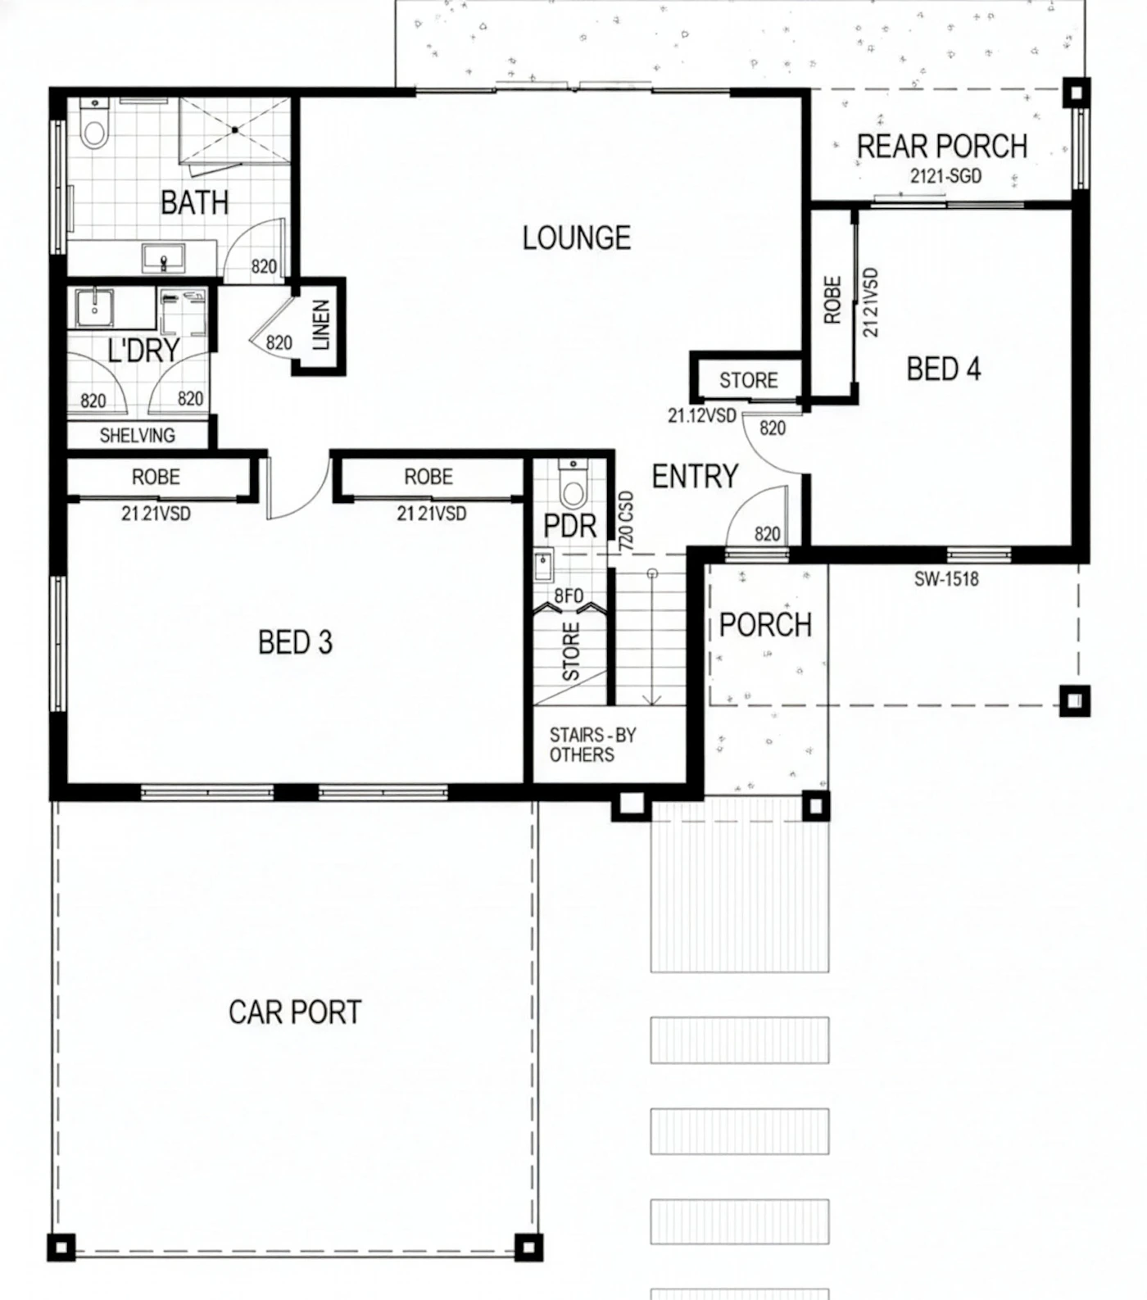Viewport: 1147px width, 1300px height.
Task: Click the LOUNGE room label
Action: click(577, 238)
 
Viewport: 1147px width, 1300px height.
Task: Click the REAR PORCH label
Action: click(942, 147)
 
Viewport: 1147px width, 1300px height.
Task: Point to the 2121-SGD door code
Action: click(945, 176)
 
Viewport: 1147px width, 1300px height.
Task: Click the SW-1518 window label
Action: click(946, 579)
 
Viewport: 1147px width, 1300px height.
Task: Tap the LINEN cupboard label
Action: click(320, 325)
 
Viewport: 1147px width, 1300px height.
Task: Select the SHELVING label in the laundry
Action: click(138, 435)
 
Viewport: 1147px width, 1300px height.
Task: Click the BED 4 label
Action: click(943, 369)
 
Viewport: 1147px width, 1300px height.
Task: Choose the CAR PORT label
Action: click(295, 1012)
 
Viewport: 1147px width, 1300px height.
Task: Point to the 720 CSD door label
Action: click(626, 520)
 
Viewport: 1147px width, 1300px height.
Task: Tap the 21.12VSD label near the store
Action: click(702, 415)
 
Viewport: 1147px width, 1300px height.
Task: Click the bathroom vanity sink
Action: click(164, 258)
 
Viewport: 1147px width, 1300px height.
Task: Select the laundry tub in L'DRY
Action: click(94, 306)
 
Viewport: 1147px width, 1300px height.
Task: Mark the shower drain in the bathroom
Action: click(234, 129)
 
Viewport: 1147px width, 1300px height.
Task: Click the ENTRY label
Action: click(695, 476)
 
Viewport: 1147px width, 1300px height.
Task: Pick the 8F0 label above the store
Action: click(569, 596)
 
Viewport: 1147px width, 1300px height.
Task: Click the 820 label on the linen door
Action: click(279, 342)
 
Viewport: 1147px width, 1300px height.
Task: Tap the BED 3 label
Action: click(295, 642)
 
